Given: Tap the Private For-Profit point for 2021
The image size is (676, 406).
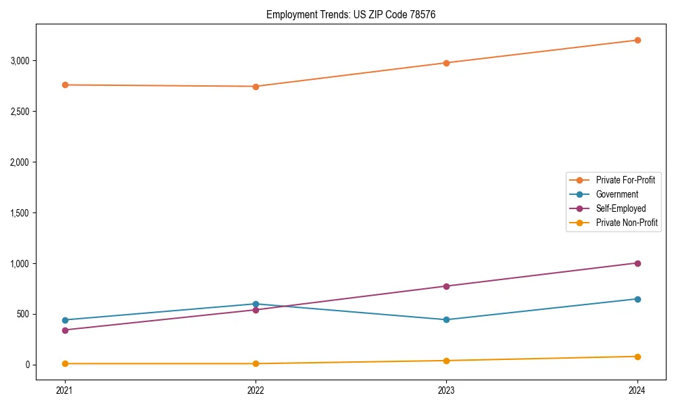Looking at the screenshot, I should coord(65,85).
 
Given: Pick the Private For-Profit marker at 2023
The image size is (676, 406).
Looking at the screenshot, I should coord(446,63).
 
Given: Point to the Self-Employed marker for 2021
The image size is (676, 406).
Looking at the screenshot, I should coord(65,330).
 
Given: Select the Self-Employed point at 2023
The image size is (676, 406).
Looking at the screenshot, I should coord(446,286).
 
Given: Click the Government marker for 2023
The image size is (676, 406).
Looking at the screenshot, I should coord(446,320).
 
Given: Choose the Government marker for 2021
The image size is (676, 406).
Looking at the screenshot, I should coord(65,320).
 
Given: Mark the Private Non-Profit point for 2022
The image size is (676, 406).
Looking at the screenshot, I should coord(256,363).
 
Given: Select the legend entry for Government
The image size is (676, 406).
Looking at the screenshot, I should coord(617,194).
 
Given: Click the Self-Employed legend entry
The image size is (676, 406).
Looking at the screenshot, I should coord(621,208).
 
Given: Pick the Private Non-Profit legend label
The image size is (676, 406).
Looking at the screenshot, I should coord(627,223).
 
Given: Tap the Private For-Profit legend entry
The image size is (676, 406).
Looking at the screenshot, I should coord(625,180).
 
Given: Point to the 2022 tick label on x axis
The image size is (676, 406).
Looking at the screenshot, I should coord(256,390).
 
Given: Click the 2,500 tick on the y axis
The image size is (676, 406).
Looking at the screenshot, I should coord(20,112).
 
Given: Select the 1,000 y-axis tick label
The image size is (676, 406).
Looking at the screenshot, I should coord(20,263).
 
